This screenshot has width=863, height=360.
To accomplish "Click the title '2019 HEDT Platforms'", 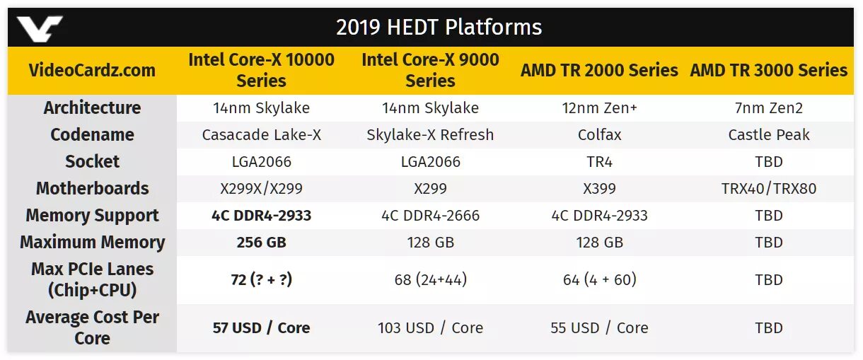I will coord(439,28).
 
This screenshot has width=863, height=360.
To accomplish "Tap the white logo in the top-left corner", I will coord(40,29).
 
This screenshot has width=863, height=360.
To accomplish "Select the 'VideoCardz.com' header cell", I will coord(92,70).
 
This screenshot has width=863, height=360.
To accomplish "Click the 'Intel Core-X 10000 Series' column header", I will coord(261,70).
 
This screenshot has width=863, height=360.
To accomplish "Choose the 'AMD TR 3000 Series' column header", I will coord(768,70).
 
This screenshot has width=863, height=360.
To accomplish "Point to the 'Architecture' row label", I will coord(92,108).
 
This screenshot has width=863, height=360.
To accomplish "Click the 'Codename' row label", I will coord(92,135).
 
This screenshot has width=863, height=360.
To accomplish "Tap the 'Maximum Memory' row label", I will coord(92,243).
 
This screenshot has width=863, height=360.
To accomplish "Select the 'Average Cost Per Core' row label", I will coord(92,327).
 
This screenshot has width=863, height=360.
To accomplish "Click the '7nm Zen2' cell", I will coord(768,108).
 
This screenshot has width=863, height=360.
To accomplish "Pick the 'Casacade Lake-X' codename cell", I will coord(261,135).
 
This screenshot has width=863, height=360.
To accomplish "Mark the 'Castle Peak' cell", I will coord(768,135).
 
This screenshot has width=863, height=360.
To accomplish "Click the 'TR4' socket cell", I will coord(599,162).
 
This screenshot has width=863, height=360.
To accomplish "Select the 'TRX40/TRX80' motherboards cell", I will coord(768,189).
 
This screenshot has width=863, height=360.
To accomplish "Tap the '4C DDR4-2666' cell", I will coord(430,216).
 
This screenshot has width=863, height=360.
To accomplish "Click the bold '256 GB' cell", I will coord(261,243).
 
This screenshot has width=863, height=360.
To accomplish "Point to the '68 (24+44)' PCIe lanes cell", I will coord(430,280).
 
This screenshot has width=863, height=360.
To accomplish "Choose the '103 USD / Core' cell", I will coord(430,328).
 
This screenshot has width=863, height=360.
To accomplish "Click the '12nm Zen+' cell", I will coord(599,108).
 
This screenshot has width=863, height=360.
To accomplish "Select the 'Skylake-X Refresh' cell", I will coord(430,135).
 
